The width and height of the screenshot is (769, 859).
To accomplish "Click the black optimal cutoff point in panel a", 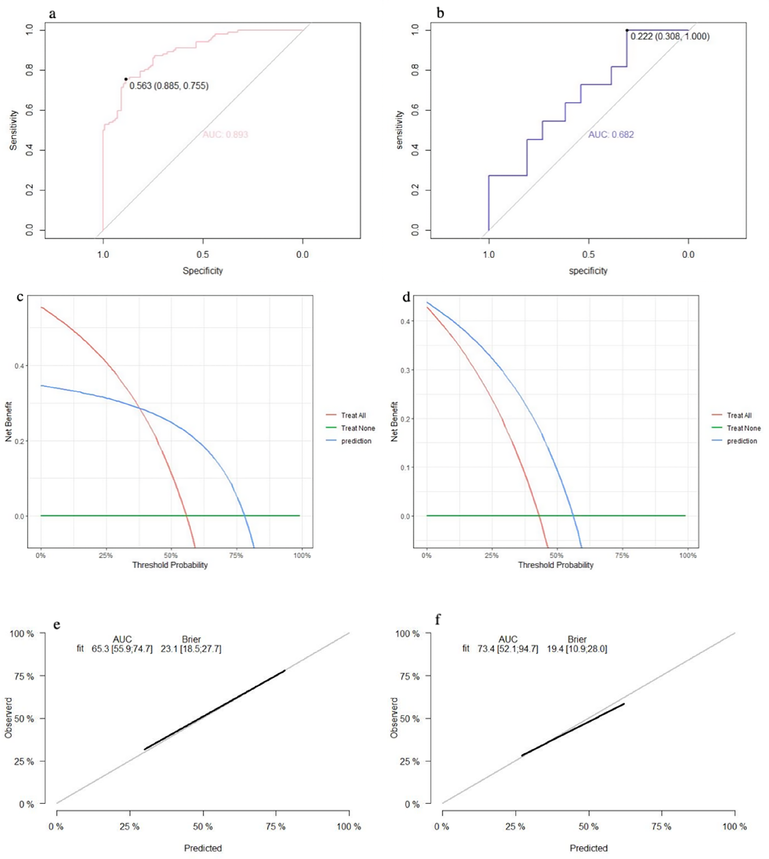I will [x=126, y=79].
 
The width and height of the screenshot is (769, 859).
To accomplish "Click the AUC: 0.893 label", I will [x=225, y=134].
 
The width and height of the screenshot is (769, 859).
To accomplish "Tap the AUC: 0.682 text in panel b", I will [x=611, y=134].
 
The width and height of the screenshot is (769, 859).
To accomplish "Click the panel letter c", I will [x=20, y=297].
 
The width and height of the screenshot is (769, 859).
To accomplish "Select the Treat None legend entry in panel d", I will [x=743, y=428].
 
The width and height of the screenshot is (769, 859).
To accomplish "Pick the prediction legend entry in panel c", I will [x=356, y=441].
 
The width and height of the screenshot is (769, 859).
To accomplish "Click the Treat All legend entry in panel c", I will [x=353, y=415].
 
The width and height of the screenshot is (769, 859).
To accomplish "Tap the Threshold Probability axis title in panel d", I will [x=556, y=565].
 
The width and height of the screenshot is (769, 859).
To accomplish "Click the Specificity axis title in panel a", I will [x=202, y=271].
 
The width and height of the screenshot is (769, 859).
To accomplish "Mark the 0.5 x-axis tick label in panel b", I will [x=588, y=255].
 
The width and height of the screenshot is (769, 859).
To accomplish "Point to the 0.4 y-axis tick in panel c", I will [x=19, y=366].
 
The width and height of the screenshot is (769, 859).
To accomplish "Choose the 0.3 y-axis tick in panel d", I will [x=405, y=370].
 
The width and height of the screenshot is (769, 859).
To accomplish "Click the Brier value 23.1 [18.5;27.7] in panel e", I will [x=191, y=649].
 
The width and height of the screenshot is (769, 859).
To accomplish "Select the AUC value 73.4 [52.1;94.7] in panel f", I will [x=507, y=649].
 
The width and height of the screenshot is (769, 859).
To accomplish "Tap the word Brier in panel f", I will [x=577, y=639].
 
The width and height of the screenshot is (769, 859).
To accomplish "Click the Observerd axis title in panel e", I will [x=8, y=718].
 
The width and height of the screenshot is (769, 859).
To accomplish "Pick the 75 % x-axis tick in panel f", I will [x=661, y=827].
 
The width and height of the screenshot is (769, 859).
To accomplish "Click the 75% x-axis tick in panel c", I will [x=236, y=556].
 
